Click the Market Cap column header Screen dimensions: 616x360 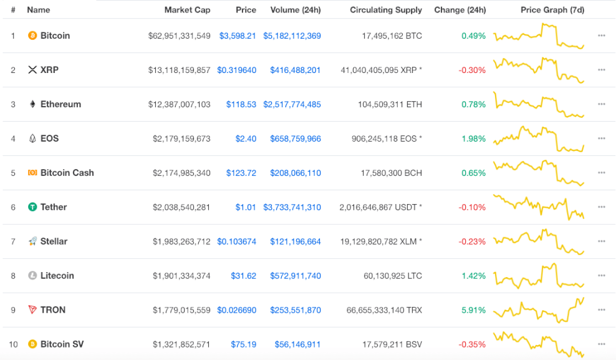point(187,10)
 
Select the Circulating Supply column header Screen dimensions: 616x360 point(386,10)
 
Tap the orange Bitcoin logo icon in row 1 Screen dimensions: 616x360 point(32,36)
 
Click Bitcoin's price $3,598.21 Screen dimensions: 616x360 point(238,36)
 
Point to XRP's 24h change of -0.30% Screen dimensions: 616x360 point(472,70)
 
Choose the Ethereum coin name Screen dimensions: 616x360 point(60,104)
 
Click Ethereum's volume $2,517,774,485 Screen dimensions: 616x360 point(292,104)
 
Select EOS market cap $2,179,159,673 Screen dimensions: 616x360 point(181,139)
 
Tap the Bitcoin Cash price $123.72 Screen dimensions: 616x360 point(241,173)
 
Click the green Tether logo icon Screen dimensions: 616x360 point(32,207)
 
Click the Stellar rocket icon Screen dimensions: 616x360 point(32,241)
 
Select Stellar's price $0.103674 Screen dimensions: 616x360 point(236,241)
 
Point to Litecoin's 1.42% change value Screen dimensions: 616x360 point(473,276)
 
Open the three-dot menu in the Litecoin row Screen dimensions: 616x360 point(602,276)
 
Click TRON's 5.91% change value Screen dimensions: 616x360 point(473,310)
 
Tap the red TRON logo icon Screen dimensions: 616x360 point(32,309)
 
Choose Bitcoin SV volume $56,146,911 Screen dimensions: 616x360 point(297,344)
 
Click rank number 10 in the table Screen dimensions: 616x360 point(13,344)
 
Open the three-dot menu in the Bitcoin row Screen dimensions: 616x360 point(602,36)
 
